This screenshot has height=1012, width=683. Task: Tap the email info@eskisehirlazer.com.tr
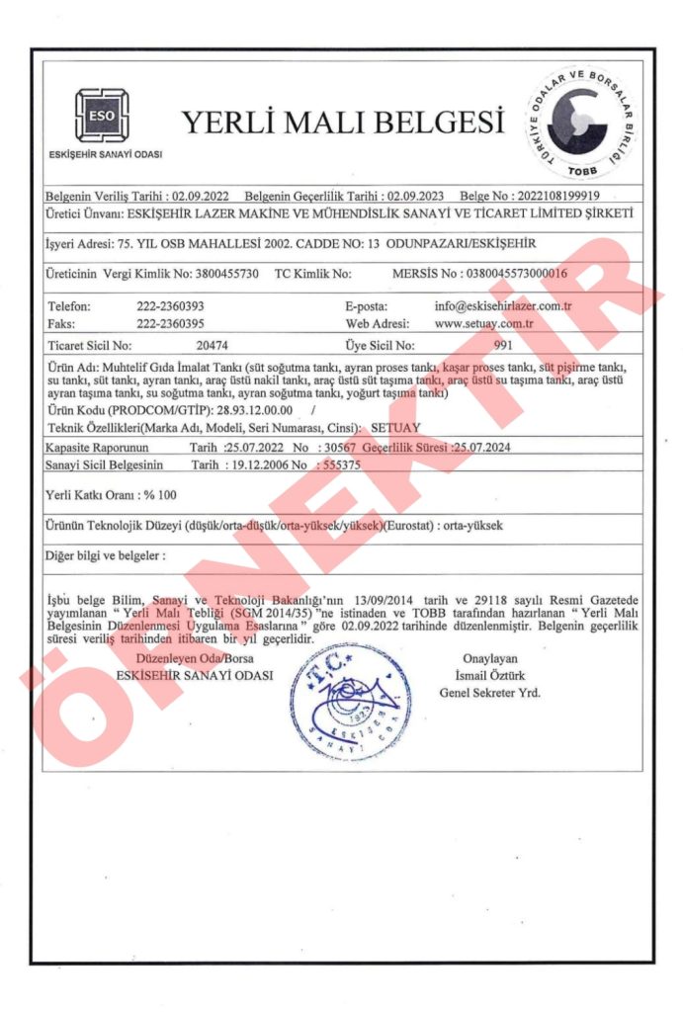coord(502,306)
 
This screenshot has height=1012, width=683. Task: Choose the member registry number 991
coord(502,346)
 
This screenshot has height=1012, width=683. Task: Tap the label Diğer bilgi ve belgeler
coord(105,555)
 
